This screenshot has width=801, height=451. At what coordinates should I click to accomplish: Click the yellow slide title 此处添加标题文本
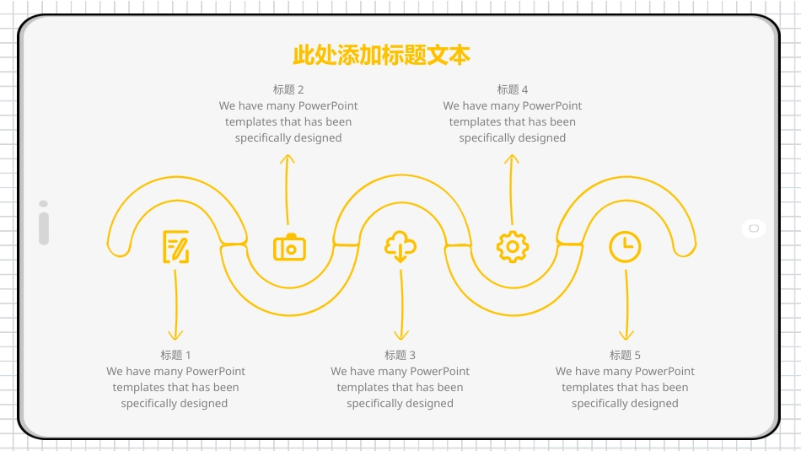tap(381, 56)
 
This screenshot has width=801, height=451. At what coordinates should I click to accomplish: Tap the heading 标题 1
tap(175, 355)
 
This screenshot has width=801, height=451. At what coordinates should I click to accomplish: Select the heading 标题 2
tap(288, 89)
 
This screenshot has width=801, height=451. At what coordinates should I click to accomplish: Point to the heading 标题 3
tap(400, 355)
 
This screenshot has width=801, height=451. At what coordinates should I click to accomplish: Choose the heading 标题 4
tap(513, 89)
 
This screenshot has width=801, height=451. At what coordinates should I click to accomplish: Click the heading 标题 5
tap(625, 355)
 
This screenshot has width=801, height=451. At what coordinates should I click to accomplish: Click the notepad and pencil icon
tap(176, 247)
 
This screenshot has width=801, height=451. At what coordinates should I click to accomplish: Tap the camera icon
tap(289, 248)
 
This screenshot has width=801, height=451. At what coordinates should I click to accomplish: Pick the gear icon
tap(513, 246)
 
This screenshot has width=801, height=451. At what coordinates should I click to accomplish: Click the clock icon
tap(625, 247)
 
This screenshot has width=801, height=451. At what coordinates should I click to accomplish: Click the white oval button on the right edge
tap(754, 228)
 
